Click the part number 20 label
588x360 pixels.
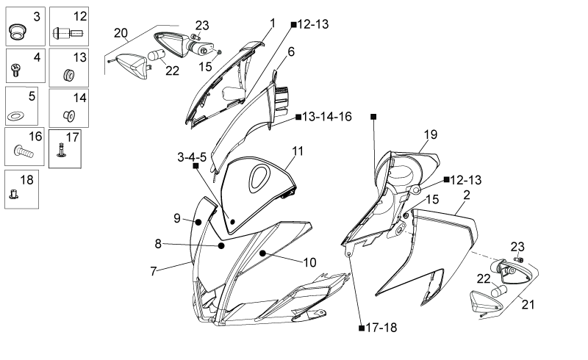pos(121,33)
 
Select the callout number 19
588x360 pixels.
pos(431,134)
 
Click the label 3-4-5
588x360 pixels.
pos(192,157)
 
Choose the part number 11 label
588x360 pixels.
pos(298,151)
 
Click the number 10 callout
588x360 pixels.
pos(309,262)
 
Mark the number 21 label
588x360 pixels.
pos(528,304)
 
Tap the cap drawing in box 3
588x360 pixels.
pos(16,31)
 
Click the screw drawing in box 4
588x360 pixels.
pos(15,70)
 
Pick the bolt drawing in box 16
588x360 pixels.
pos(24,151)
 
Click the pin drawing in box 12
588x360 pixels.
pos(68,33)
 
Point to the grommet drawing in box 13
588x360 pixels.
pos(68,75)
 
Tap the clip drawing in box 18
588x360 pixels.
pos(13,194)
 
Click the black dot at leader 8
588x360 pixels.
pos(221,245)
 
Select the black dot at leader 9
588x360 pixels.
pos(198,223)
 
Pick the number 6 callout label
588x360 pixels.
pos(291,51)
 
